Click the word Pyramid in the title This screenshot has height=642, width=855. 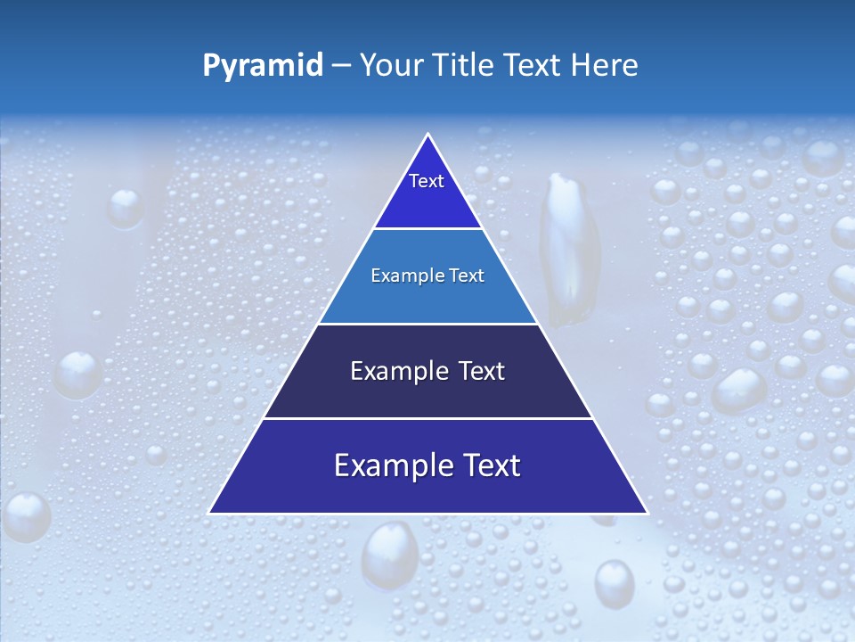[263, 65]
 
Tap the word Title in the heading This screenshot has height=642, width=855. [468, 65]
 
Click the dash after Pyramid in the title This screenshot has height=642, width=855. [341, 66]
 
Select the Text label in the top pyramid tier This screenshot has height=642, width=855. [427, 181]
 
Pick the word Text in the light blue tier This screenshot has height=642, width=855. [467, 276]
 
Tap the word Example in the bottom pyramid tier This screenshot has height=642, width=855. [387, 465]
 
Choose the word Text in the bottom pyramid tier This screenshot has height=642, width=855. [486, 465]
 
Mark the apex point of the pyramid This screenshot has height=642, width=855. [428, 135]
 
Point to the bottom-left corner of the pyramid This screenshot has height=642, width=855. [209, 513]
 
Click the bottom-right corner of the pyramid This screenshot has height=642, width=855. [647, 513]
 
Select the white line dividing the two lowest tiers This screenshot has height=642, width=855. [427, 418]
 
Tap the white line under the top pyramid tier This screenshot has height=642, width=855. [427, 228]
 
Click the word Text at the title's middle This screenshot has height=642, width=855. [534, 65]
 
